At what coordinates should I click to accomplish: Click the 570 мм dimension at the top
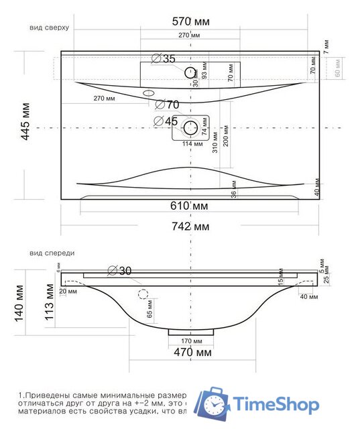[191, 22]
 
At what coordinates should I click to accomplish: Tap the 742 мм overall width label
[191, 227]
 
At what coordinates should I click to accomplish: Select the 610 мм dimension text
[191, 206]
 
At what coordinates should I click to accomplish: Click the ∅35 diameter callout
[164, 59]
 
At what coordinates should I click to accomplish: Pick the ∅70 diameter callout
[167, 105]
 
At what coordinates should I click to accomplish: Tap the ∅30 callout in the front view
[119, 271]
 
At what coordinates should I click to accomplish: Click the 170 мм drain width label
[191, 341]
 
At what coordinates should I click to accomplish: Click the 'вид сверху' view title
[50, 28]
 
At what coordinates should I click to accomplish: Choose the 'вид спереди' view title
[52, 253]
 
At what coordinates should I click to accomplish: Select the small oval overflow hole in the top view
[149, 93]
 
